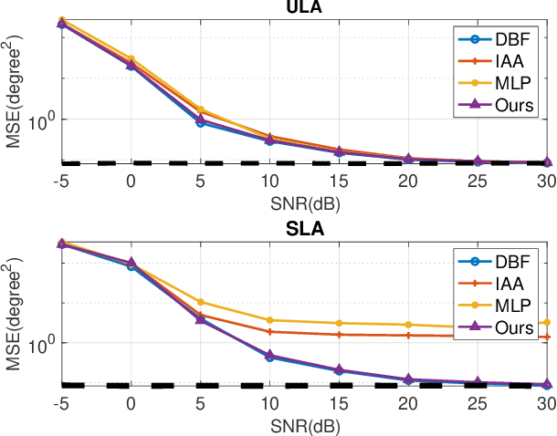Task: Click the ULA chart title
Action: coord(304,7)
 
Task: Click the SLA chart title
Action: coord(304,230)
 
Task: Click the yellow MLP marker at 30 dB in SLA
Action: coord(546,322)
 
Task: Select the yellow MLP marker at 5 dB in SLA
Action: coord(200,302)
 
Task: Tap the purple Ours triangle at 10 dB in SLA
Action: coord(269,355)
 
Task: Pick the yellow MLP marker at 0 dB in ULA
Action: coord(131,58)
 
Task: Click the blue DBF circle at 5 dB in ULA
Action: coord(200,122)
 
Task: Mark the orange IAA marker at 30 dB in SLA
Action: coord(546,337)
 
